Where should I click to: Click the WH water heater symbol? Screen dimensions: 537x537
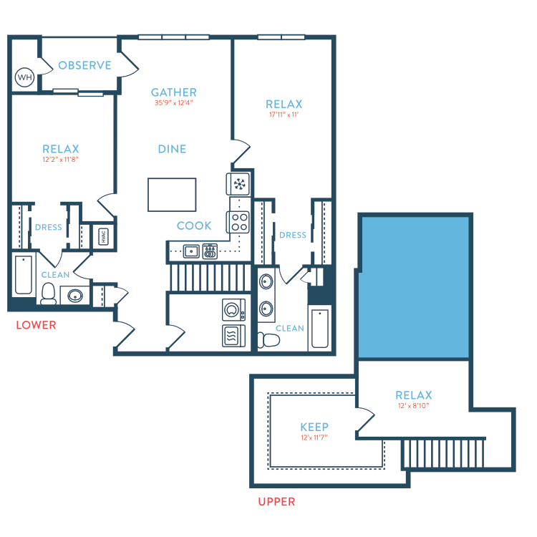[25, 77]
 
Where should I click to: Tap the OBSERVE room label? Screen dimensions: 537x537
[84, 66]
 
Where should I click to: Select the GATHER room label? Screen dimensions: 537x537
[173, 92]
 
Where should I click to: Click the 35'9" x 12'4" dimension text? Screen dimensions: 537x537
[173, 103]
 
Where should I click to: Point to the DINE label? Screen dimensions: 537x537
[172, 149]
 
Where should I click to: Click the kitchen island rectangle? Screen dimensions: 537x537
[172, 195]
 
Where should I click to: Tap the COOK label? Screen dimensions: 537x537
[194, 226]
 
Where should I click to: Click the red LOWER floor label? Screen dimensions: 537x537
[36, 325]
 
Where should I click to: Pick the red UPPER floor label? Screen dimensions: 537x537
[276, 502]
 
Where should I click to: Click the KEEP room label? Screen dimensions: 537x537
[314, 427]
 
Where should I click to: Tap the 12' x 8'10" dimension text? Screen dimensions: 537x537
[414, 406]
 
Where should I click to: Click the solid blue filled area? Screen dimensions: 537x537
[415, 286]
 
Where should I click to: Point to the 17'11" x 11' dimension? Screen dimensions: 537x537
[284, 115]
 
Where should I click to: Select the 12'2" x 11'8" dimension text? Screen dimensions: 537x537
[60, 160]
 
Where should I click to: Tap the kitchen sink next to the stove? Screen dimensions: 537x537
[190, 251]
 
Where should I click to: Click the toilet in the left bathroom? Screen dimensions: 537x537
[49, 294]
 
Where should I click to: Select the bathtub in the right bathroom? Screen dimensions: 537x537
[319, 329]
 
